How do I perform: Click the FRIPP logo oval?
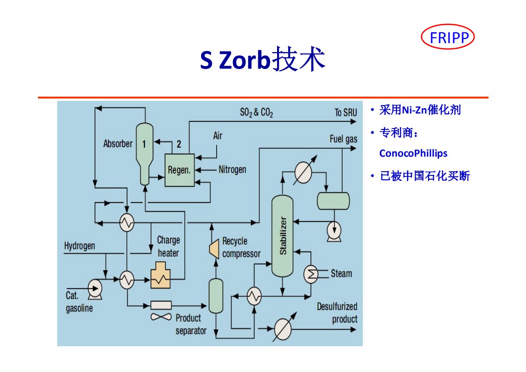(448, 38)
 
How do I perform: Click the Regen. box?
(180, 169)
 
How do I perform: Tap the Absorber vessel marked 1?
(144, 152)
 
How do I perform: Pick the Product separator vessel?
(216, 296)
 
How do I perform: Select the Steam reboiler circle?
(311, 274)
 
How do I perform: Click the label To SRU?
(346, 113)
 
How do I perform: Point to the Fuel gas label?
(344, 139)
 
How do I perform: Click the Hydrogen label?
(80, 246)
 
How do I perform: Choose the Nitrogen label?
(232, 169)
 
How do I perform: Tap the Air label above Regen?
(218, 136)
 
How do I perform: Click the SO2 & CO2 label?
(256, 113)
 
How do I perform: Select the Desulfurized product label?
(337, 313)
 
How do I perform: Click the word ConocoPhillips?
(413, 153)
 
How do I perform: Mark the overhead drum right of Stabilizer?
(333, 201)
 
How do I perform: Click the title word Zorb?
(245, 61)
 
